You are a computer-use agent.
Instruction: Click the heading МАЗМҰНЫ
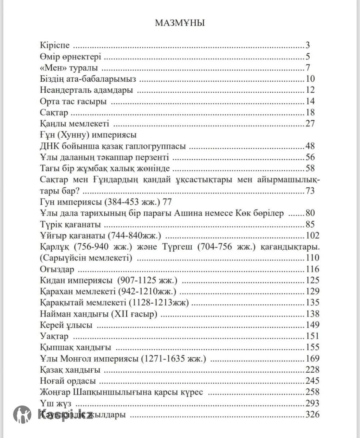coord(180,23)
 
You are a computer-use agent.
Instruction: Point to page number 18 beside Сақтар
coord(310,112)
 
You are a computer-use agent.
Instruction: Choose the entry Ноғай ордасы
coord(67,381)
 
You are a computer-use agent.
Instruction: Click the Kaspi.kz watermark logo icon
coord(23,414)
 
